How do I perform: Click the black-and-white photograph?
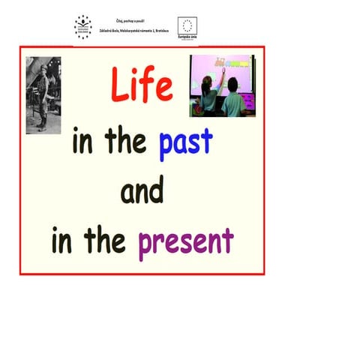pos(43,95)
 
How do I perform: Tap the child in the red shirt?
pos(208,95)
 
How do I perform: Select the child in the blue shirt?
pos(232,95)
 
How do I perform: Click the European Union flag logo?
pos(187,25)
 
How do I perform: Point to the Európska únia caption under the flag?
pos(187,36)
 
